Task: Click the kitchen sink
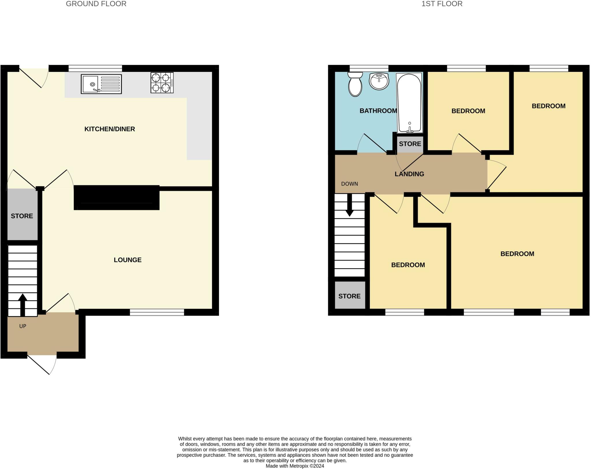pyautogui.click(x=101, y=84)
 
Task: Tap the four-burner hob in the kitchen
pyautogui.click(x=162, y=83)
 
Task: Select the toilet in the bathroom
pyautogui.click(x=355, y=84)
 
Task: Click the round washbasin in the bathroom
pyautogui.click(x=379, y=81)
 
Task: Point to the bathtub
pyautogui.click(x=409, y=103)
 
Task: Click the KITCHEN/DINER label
pyautogui.click(x=110, y=129)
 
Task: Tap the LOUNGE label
pyautogui.click(x=128, y=260)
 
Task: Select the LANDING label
pyautogui.click(x=409, y=174)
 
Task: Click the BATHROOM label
pyautogui.click(x=378, y=111)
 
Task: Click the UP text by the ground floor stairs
pyautogui.click(x=23, y=326)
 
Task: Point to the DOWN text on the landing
pyautogui.click(x=349, y=184)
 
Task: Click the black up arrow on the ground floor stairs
pyautogui.click(x=23, y=305)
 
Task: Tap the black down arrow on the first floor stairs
pyautogui.click(x=349, y=205)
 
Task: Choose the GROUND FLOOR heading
pyautogui.click(x=96, y=4)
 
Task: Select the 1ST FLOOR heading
pyautogui.click(x=442, y=4)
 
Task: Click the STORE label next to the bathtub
pyautogui.click(x=410, y=144)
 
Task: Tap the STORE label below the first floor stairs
pyautogui.click(x=349, y=296)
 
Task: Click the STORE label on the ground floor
pyautogui.click(x=22, y=216)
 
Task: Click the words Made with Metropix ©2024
pyautogui.click(x=295, y=466)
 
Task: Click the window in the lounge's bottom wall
pyautogui.click(x=157, y=312)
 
